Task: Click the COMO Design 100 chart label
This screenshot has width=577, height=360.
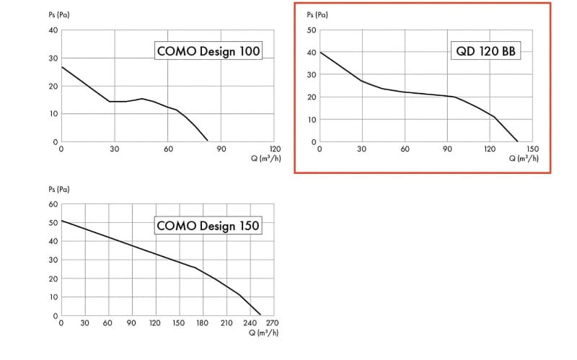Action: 208,51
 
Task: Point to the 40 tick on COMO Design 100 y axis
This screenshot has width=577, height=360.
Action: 53,30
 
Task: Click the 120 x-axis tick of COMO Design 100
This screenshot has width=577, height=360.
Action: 275,149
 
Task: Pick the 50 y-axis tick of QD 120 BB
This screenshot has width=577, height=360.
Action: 312,30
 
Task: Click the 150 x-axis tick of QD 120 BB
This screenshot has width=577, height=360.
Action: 533,149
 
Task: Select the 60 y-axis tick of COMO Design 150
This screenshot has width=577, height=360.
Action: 53,204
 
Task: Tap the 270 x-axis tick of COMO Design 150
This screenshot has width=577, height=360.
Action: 273,323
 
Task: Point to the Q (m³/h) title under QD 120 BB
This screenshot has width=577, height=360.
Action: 523,158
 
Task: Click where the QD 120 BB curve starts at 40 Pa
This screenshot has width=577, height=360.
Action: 320,52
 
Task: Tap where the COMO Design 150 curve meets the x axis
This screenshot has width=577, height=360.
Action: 261,315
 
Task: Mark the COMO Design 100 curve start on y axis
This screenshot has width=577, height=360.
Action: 61,66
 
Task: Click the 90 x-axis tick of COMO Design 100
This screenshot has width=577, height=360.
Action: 221,149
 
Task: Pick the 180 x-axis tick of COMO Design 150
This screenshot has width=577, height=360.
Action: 203,323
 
